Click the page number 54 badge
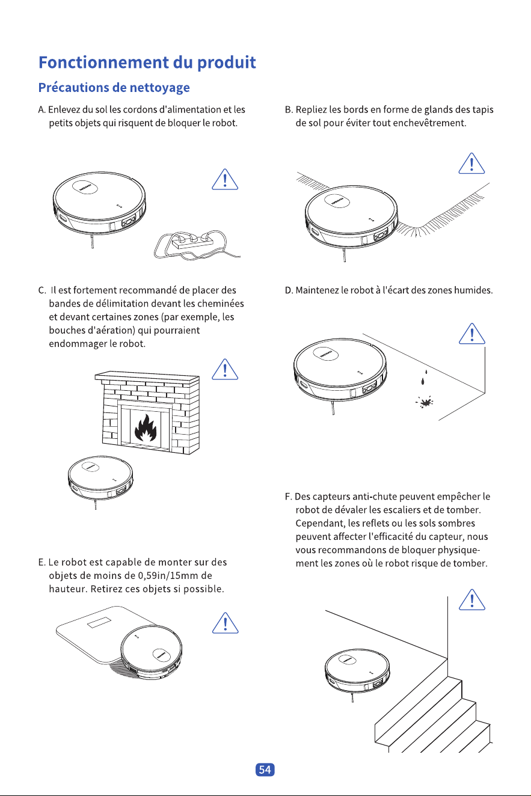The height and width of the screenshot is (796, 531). tap(265, 770)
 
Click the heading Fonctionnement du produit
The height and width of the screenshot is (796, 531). tap(147, 63)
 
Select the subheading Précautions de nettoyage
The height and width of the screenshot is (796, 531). tap(114, 87)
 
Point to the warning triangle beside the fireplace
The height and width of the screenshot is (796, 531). tap(225, 370)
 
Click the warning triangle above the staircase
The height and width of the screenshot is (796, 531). tap(472, 600)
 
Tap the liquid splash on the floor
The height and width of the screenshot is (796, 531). tap(425, 402)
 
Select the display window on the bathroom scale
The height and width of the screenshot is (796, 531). tap(99, 623)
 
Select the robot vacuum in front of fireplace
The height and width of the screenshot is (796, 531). tap(100, 479)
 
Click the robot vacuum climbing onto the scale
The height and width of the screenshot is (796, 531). tap(151, 652)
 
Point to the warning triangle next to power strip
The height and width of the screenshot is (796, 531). tap(225, 179)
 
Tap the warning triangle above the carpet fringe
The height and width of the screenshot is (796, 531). tap(471, 164)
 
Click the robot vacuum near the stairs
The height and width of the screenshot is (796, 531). tap(357, 672)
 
